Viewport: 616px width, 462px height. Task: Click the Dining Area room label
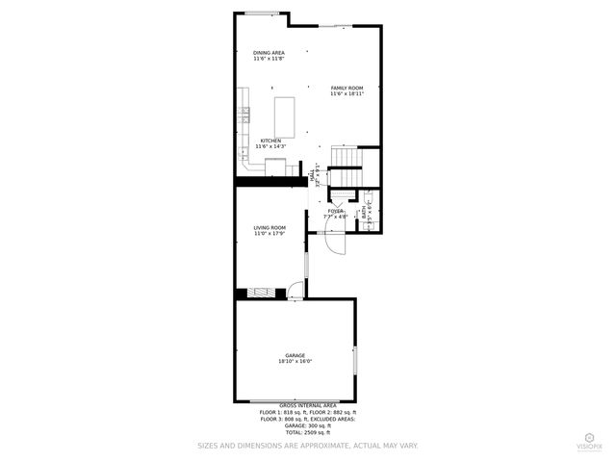pyautogui.click(x=269, y=52)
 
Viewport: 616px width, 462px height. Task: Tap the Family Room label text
pyautogui.click(x=347, y=88)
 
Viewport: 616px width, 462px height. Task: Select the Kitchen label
pyautogui.click(x=270, y=141)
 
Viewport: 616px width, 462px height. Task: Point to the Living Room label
pyautogui.click(x=269, y=227)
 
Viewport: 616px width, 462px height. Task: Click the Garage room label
pyautogui.click(x=295, y=355)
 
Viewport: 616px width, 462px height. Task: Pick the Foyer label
pyautogui.click(x=336, y=211)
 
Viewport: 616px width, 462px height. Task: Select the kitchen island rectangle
pyautogui.click(x=286, y=115)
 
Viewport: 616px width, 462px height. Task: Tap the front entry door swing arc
pyautogui.click(x=334, y=244)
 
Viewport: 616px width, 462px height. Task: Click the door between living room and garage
pyautogui.click(x=295, y=290)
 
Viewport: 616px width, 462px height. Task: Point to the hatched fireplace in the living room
pyautogui.click(x=261, y=294)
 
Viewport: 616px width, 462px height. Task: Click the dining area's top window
pyautogui.click(x=260, y=13)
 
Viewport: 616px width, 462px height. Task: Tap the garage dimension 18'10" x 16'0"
pyautogui.click(x=295, y=362)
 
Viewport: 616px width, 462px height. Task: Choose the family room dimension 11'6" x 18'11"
pyautogui.click(x=347, y=94)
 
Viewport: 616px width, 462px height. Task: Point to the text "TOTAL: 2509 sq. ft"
pyautogui.click(x=308, y=433)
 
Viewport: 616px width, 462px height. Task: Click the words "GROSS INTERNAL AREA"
pyautogui.click(x=308, y=406)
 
